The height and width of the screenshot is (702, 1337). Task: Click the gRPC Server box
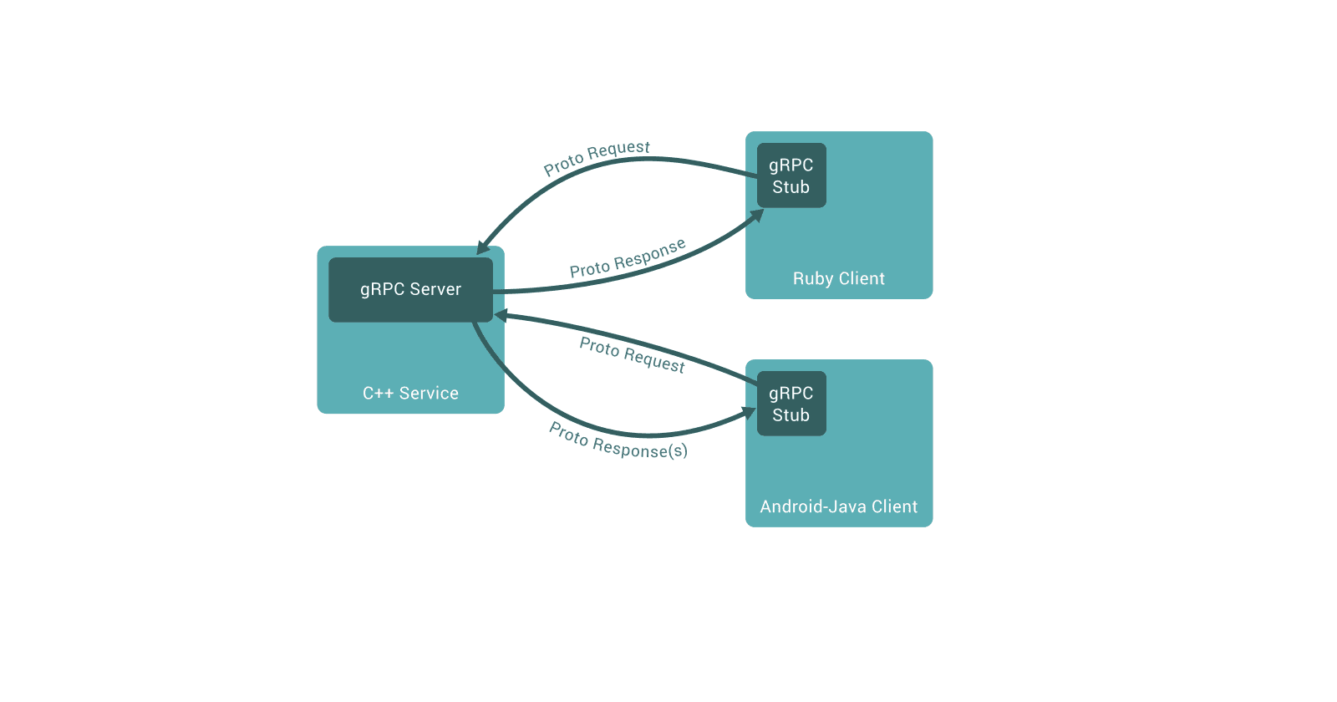(410, 289)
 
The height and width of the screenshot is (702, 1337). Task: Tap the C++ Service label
(410, 393)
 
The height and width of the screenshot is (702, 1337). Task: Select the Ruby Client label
(838, 278)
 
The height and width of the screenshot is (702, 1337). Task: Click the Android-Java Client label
(838, 506)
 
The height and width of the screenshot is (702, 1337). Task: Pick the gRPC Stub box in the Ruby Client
(791, 175)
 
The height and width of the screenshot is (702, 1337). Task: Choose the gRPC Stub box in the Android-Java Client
(791, 404)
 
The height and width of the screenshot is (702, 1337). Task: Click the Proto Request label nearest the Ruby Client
(597, 158)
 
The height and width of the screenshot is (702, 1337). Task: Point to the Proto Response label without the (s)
(628, 258)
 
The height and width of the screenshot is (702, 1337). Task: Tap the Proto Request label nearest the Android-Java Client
(632, 355)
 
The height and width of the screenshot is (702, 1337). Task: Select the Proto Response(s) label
(618, 441)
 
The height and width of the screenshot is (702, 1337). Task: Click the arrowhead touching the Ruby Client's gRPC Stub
(757, 215)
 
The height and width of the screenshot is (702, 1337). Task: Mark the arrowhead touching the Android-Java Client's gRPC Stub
(750, 412)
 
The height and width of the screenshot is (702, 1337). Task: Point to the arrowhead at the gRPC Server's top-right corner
(482, 248)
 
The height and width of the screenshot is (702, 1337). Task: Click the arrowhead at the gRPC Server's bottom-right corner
(501, 316)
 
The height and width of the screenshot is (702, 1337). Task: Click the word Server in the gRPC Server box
(435, 289)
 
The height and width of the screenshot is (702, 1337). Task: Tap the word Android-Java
(812, 506)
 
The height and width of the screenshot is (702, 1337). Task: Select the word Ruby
(812, 278)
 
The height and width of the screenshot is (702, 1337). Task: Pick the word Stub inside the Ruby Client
(791, 187)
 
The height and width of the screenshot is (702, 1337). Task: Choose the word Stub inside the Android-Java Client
(791, 415)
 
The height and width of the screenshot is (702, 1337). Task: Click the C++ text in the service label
(378, 393)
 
